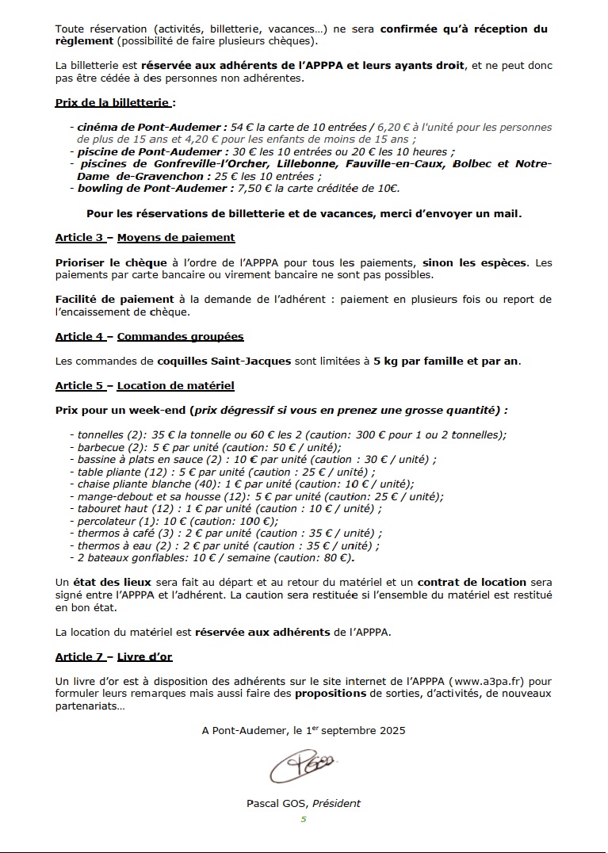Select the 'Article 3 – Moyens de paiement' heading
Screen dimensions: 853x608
(x=144, y=237)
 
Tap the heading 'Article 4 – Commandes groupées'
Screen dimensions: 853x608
(x=149, y=336)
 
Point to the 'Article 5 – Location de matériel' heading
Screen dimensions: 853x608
(x=144, y=386)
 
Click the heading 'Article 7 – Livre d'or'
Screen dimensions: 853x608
(x=113, y=656)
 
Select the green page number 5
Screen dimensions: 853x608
(x=303, y=820)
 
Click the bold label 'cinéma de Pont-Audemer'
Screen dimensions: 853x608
(x=146, y=127)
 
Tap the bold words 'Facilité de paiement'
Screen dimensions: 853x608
(x=114, y=299)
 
